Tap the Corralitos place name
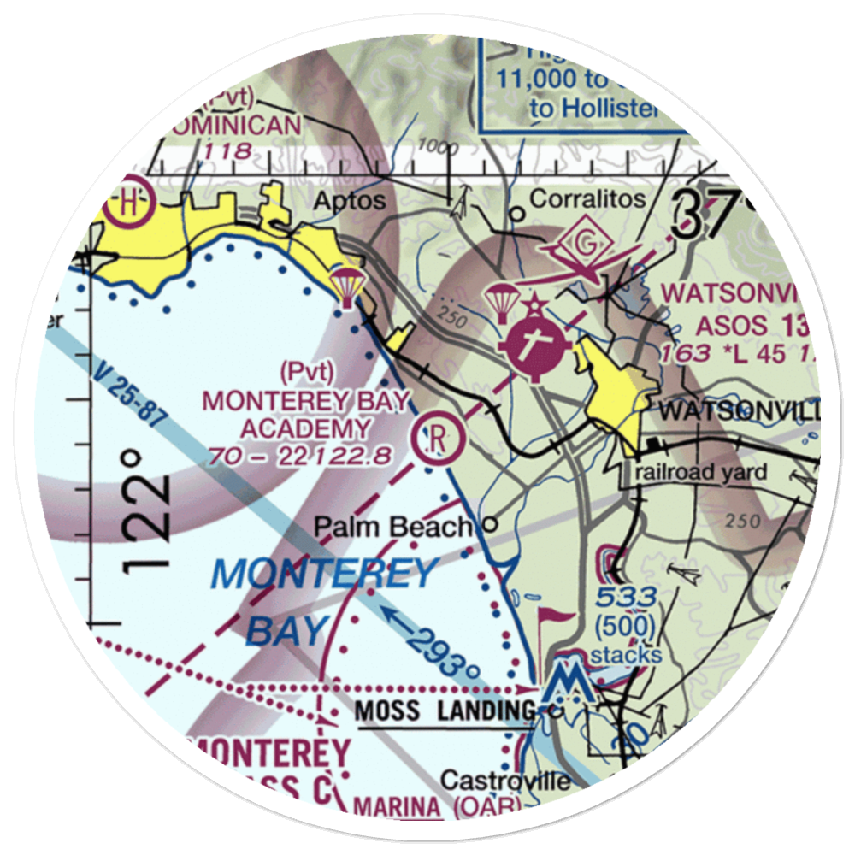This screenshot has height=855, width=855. [587, 199]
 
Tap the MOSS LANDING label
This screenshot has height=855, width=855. [445, 710]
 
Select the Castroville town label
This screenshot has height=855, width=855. [504, 780]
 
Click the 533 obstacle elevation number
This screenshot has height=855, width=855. [627, 597]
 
